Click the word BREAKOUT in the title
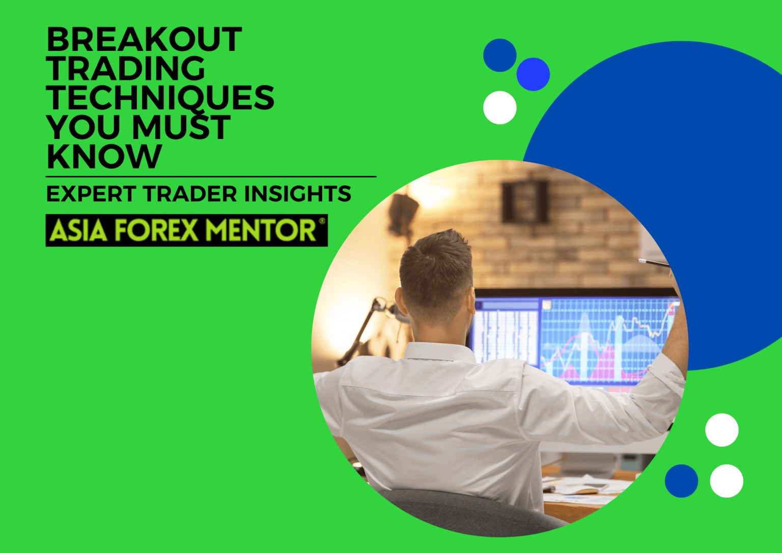[144, 40]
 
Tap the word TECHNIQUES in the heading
[160, 98]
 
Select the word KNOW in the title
[104, 156]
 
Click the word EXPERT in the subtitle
[91, 194]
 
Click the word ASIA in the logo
[78, 231]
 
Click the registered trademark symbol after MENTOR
[322, 222]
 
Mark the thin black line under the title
[211, 177]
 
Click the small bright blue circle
[533, 74]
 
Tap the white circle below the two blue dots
[500, 107]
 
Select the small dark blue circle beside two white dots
[681, 481]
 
